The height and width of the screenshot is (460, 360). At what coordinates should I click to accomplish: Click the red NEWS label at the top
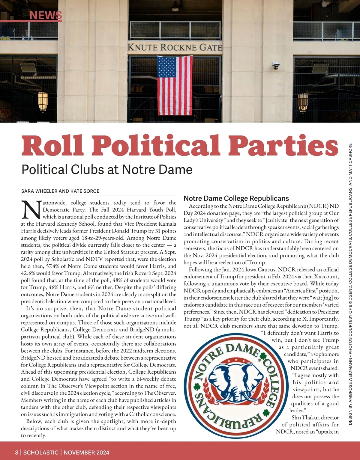(46, 15)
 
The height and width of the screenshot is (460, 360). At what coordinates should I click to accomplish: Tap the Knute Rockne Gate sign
(175, 47)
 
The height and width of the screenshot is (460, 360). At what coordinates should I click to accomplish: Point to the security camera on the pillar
(276, 65)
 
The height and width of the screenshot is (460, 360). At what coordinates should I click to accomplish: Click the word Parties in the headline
(285, 146)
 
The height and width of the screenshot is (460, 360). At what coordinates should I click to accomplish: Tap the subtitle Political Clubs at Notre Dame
(107, 170)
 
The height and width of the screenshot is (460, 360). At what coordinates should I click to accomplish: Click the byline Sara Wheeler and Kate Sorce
(60, 191)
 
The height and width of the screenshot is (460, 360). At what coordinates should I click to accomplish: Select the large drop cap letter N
(31, 209)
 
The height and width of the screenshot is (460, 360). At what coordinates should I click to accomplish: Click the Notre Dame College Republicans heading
(236, 198)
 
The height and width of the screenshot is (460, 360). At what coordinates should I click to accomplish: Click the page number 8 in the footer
(17, 453)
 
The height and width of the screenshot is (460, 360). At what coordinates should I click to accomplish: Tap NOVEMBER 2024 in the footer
(86, 453)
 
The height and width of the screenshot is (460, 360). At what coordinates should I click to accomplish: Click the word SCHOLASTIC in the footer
(41, 453)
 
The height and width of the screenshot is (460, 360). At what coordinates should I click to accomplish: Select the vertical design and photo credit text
(350, 284)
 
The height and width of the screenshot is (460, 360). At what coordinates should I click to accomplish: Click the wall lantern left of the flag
(43, 101)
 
